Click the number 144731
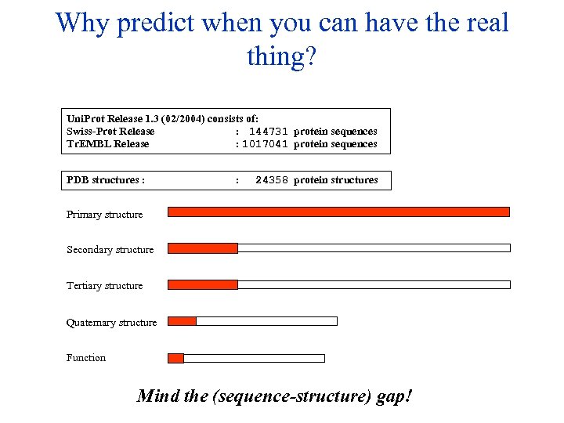[268, 132]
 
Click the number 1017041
[265, 144]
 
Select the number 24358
[272, 180]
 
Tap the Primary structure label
[104, 215]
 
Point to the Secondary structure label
[110, 250]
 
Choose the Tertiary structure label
[104, 286]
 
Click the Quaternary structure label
[111, 323]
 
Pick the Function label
[86, 358]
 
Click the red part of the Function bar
[176, 358]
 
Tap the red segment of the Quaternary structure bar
[183, 321]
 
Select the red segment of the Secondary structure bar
[203, 248]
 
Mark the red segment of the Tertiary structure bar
[203, 284]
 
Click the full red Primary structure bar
[338, 211]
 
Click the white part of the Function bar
[254, 358]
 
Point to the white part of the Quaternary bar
[266, 321]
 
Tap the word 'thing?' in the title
[281, 56]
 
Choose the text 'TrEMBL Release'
[107, 144]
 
